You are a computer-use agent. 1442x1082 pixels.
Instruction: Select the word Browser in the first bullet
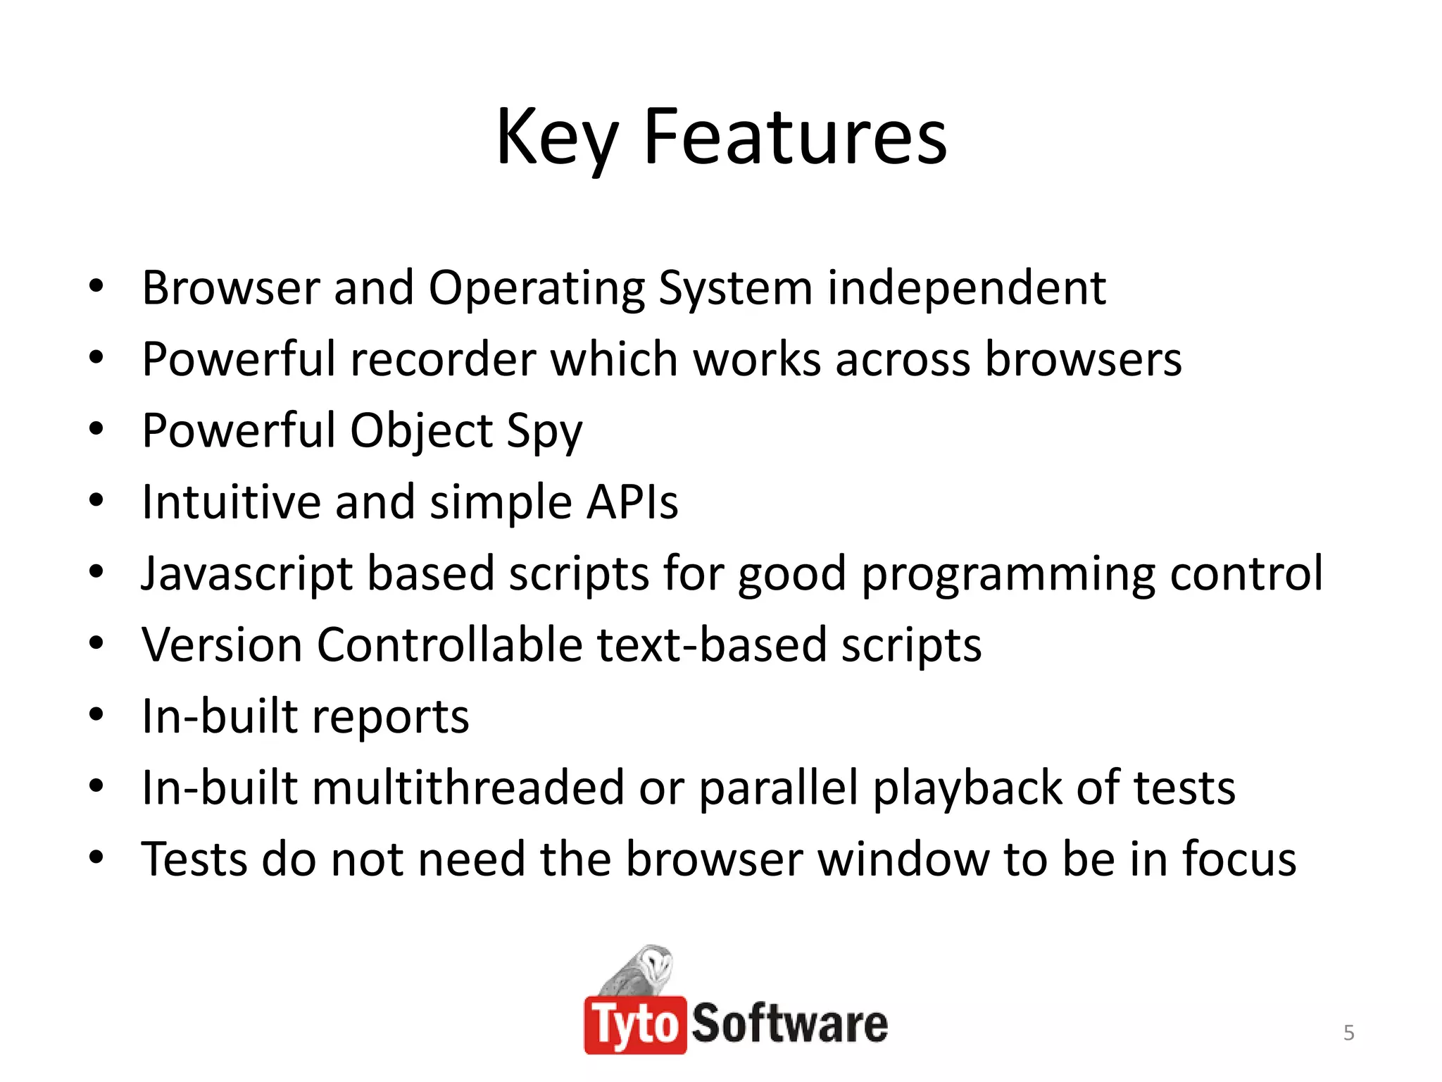pyautogui.click(x=230, y=288)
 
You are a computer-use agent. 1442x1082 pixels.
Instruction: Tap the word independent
pyautogui.click(x=966, y=288)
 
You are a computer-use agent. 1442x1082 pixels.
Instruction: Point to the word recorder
pyautogui.click(x=443, y=360)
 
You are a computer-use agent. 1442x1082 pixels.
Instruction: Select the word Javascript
pyautogui.click(x=246, y=574)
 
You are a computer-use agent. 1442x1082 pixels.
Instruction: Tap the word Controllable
pyautogui.click(x=449, y=645)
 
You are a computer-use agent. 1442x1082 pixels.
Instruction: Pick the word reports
pyautogui.click(x=390, y=718)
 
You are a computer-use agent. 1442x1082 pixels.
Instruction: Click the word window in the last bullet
pyautogui.click(x=903, y=859)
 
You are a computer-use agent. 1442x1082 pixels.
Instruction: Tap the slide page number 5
pyautogui.click(x=1348, y=1033)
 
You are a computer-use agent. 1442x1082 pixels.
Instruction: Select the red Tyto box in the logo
pyautogui.click(x=634, y=1025)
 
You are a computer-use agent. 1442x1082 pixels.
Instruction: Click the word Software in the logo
pyautogui.click(x=789, y=1024)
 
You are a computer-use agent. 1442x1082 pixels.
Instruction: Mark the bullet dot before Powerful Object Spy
pyautogui.click(x=96, y=429)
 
